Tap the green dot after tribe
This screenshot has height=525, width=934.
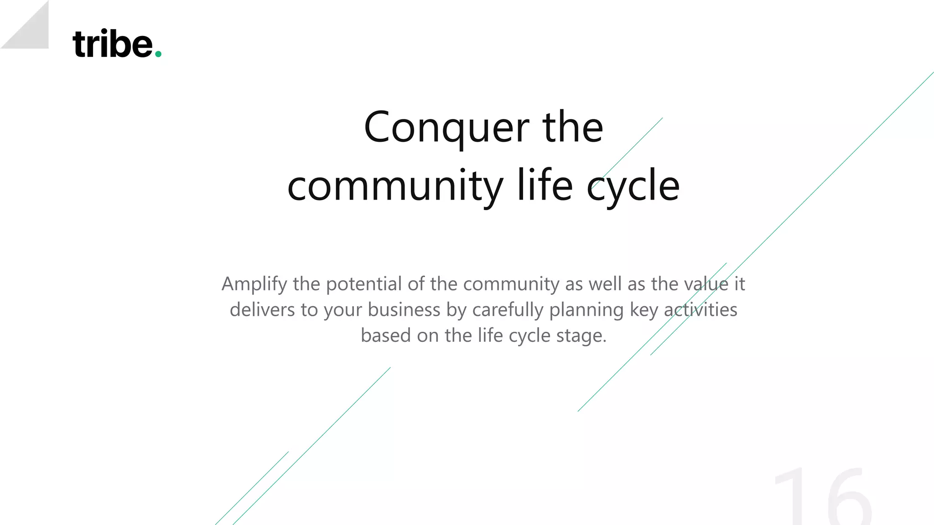point(158,54)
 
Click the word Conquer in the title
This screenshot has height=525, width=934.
point(446,128)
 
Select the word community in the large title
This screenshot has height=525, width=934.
point(395,186)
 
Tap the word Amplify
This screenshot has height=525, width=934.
point(254,284)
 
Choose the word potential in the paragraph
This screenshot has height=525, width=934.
point(363,284)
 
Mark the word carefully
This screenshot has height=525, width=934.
point(508,310)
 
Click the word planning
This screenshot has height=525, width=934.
point(586,310)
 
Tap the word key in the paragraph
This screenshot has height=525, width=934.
point(643,310)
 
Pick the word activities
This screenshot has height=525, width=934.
point(700,310)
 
